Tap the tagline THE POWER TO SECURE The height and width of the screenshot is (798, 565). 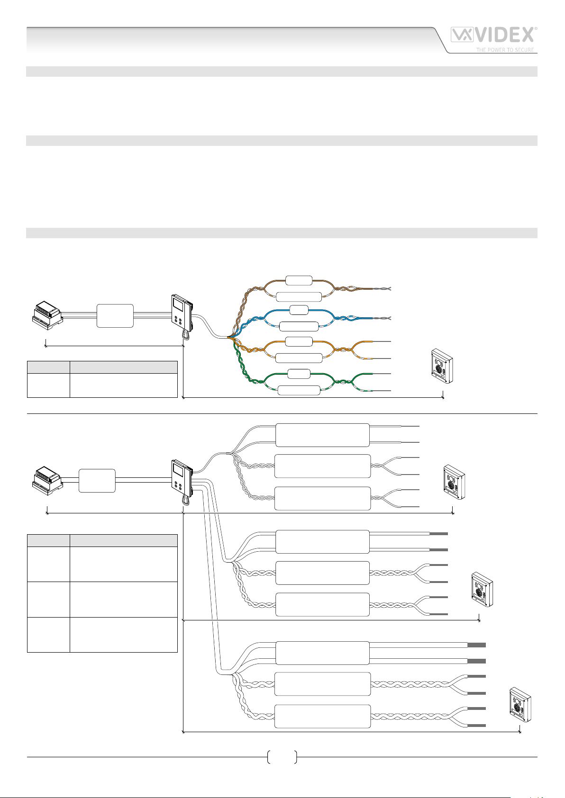505,50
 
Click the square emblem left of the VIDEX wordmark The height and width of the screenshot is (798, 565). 461,35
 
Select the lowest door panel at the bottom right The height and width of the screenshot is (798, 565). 519,705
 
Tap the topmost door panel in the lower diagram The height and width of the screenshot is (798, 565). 454,482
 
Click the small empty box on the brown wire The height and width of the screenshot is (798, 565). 299,280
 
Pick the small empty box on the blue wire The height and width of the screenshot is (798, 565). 299,310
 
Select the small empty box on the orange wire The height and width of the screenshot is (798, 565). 299,341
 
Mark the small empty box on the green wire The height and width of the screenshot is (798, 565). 299,374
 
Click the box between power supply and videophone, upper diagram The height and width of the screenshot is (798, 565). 115,316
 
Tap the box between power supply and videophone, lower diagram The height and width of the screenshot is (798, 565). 97,481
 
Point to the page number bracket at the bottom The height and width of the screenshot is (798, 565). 282,757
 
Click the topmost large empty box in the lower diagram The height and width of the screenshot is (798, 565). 322,435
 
